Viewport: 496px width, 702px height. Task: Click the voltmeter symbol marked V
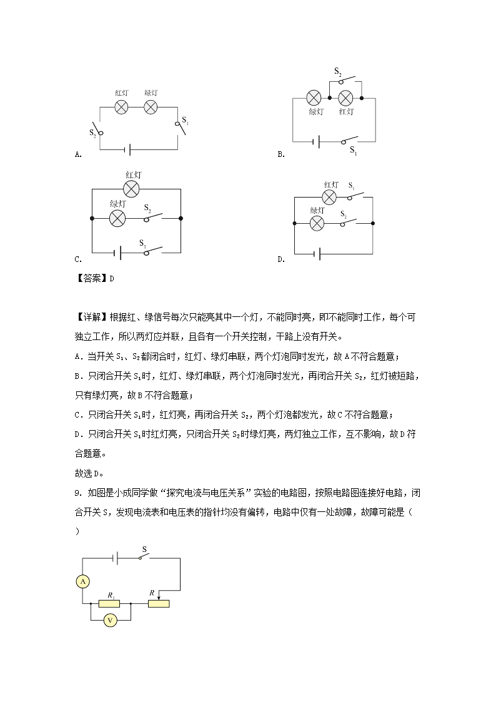[x=110, y=620]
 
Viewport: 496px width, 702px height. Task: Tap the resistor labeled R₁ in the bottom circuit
[x=110, y=603]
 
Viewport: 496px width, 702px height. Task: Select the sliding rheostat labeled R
[x=159, y=603]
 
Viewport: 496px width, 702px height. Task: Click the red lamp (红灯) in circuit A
[x=122, y=107]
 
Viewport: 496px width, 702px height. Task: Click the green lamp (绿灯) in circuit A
[x=151, y=107]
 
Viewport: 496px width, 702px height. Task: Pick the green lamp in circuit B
[x=315, y=98]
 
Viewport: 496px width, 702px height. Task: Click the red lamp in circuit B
[x=346, y=98]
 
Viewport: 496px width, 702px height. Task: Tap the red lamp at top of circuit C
[x=131, y=189]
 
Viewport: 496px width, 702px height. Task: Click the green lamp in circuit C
[x=117, y=218]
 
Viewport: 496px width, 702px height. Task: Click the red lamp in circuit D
[x=329, y=198]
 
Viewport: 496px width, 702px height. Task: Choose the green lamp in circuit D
[x=317, y=223]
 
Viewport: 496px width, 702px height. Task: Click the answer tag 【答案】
[x=91, y=279]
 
